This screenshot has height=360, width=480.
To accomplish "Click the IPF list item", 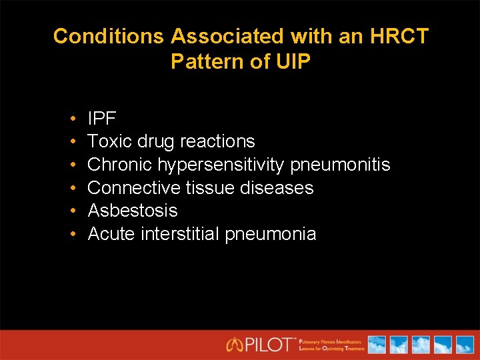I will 102,119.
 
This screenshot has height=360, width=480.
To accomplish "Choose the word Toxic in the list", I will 109,141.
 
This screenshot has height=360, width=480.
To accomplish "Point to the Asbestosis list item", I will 133,211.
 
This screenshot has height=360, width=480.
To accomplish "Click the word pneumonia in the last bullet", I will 271,234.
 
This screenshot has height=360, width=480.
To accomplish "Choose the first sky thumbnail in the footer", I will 377,345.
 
